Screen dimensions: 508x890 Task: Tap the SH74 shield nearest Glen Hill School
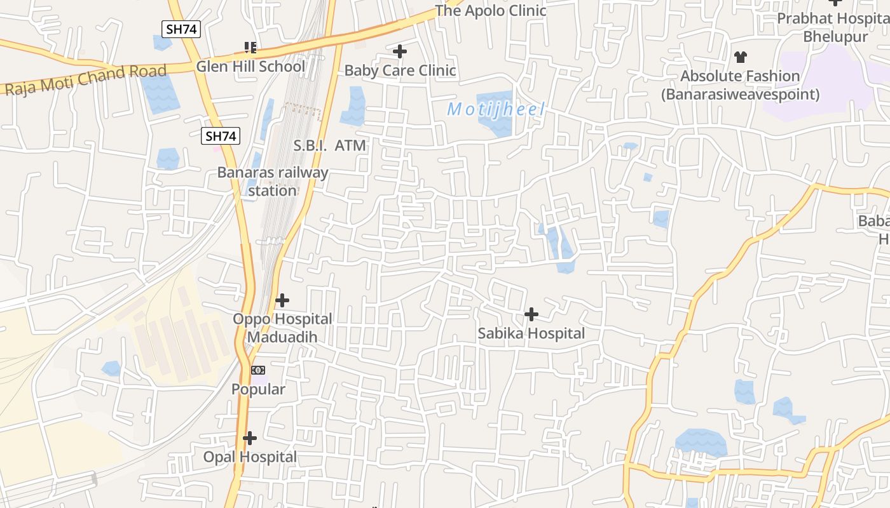[181, 29]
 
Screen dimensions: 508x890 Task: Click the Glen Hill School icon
[250, 47]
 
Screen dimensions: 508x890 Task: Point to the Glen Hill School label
[250, 66]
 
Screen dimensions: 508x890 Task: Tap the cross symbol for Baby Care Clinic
[400, 51]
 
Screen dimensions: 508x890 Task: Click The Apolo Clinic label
[490, 10]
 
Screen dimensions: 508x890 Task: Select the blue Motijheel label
[496, 109]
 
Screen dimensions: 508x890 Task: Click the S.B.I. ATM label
[329, 145]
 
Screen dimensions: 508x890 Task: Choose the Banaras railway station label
[273, 181]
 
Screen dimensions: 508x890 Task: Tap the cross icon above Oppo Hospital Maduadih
[282, 300]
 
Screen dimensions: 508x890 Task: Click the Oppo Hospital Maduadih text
[282, 328]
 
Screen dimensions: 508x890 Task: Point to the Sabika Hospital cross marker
[531, 314]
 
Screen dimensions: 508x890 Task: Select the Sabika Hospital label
[531, 333]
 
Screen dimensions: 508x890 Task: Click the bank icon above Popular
[258, 370]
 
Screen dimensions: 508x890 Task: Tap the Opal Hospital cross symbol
[250, 438]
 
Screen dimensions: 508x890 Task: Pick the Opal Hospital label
[250, 457]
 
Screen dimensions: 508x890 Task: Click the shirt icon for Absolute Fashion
[740, 57]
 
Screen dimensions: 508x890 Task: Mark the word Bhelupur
[835, 36]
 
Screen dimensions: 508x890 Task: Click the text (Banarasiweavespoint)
[740, 95]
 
